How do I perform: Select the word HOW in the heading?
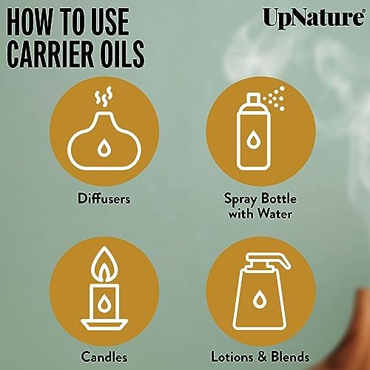click(x=29, y=21)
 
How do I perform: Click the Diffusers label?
click(x=104, y=198)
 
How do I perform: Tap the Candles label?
click(x=104, y=357)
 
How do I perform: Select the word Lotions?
click(x=232, y=357)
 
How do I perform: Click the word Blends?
click(x=290, y=357)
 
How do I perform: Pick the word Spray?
click(x=240, y=199)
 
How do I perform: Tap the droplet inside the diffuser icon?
click(x=104, y=147)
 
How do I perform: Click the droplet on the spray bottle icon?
click(x=252, y=140)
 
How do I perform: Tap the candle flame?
click(x=104, y=264)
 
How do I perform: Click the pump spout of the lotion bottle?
click(x=269, y=260)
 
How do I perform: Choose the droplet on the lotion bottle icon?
click(x=259, y=299)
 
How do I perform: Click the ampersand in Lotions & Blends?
click(x=261, y=357)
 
